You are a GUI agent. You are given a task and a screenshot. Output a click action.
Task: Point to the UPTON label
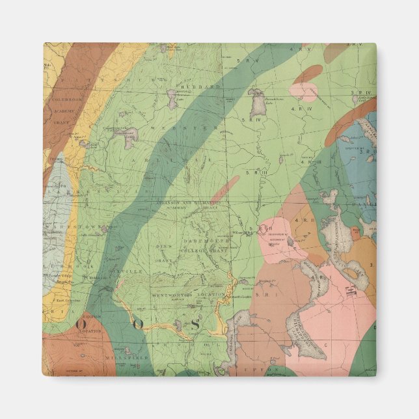click(268, 370)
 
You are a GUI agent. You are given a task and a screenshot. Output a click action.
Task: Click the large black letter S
click(194, 323)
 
